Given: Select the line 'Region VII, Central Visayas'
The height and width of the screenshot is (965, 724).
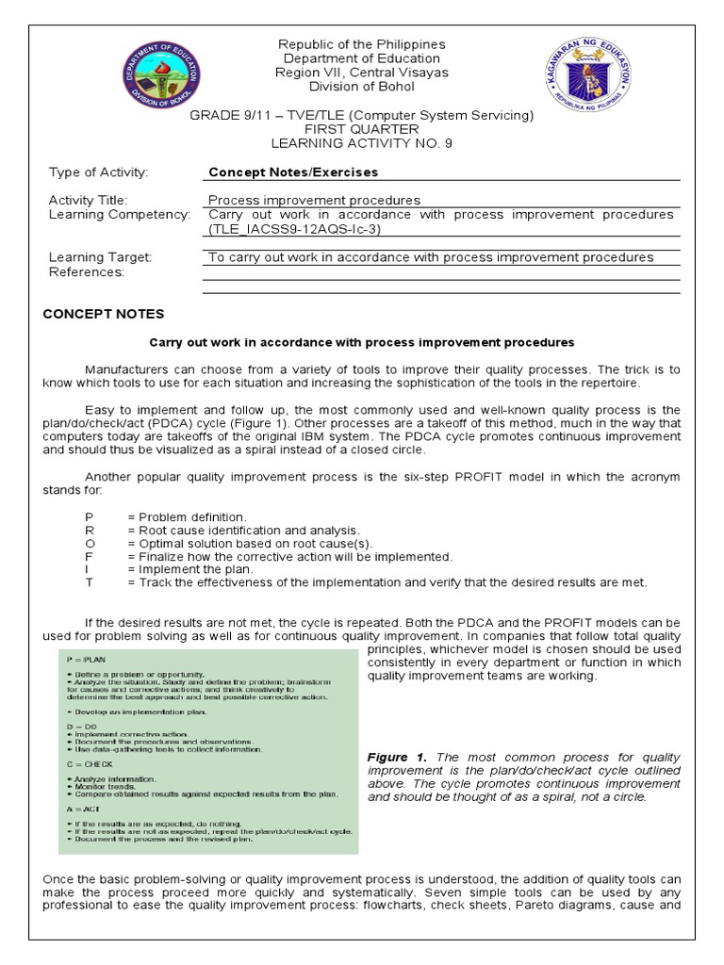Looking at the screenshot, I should (361, 73).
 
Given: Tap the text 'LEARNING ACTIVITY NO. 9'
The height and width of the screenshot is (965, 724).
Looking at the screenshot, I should (361, 143).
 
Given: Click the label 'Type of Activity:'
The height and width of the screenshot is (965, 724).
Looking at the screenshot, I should (99, 172).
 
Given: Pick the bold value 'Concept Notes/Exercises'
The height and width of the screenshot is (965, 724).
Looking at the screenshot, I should (293, 172).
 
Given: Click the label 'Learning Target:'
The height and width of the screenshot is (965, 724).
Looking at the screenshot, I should (100, 257).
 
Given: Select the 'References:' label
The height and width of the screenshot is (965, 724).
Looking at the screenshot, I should (86, 272).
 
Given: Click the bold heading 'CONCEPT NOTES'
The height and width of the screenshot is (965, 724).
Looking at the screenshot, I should (104, 314).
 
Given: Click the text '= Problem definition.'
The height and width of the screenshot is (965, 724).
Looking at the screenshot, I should (188, 517).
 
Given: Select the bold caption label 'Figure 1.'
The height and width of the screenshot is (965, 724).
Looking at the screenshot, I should (397, 758).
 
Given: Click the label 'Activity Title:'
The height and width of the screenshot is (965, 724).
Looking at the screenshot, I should (88, 201).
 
